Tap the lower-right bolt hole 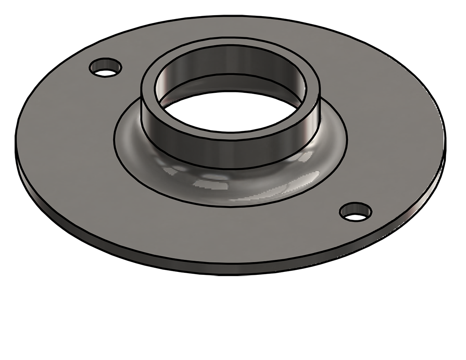point(356,212)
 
